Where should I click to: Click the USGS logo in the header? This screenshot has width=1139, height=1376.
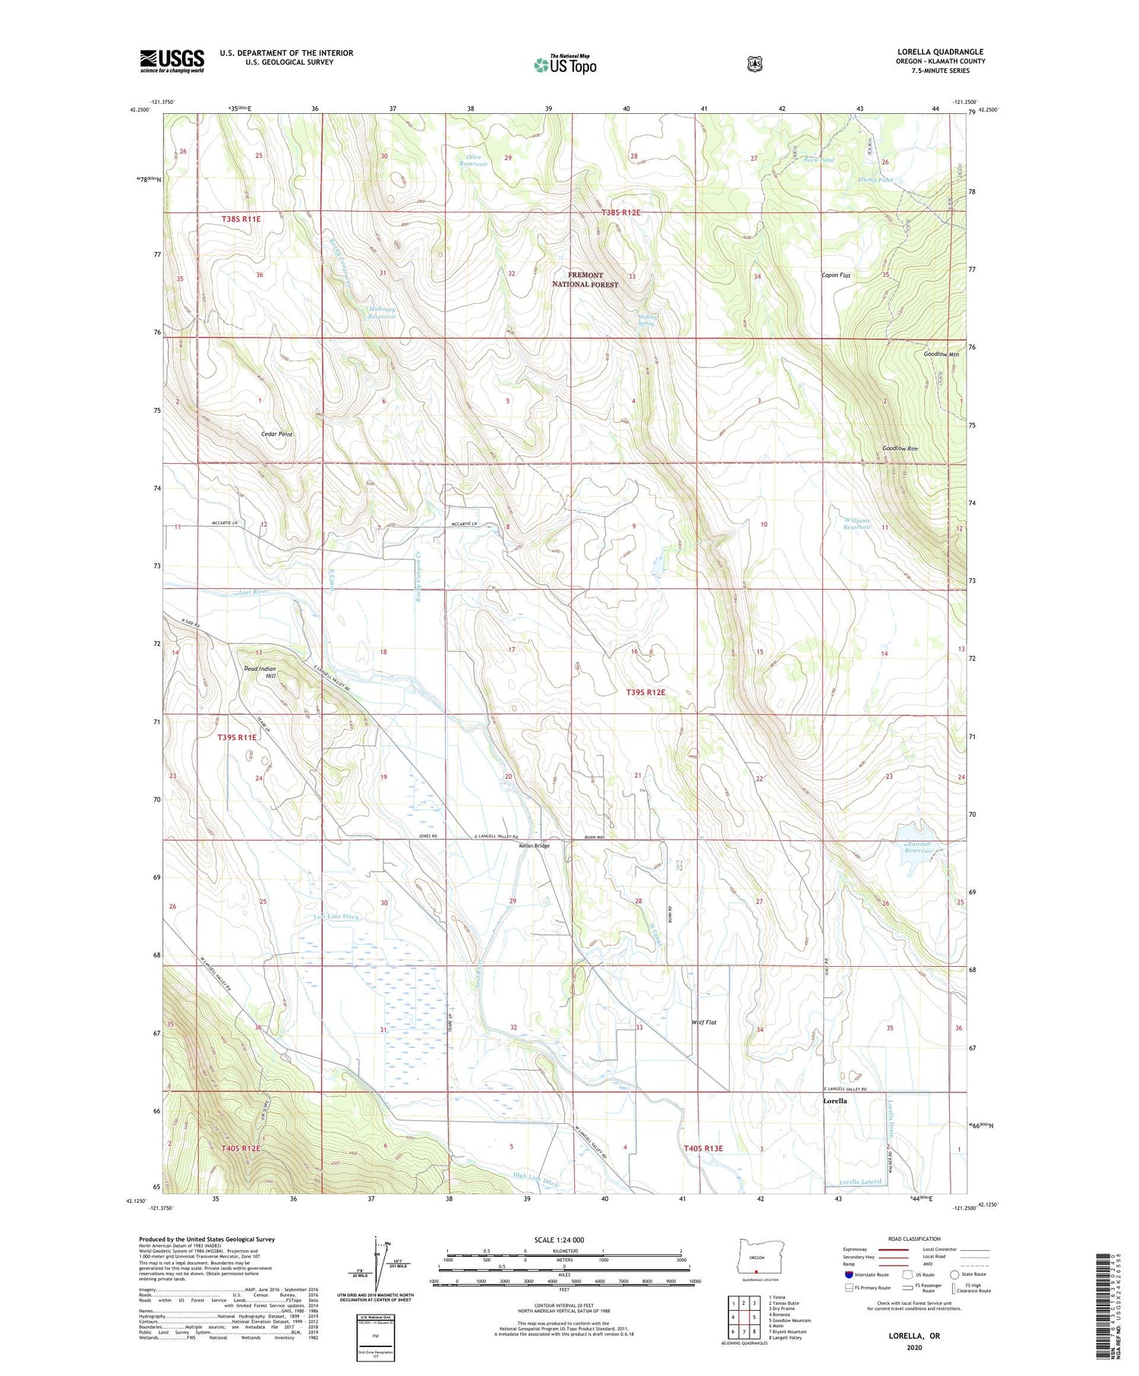click(172, 61)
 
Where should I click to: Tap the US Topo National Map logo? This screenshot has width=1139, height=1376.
click(565, 64)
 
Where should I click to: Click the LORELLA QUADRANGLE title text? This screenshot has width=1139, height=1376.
click(940, 52)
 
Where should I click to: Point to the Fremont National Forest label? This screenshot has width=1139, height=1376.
click(585, 279)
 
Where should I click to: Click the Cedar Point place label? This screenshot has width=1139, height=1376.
click(276, 434)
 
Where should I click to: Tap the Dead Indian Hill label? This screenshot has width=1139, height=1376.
click(260, 672)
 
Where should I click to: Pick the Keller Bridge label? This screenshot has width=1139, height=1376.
click(534, 845)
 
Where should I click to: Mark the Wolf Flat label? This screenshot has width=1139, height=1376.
click(704, 1022)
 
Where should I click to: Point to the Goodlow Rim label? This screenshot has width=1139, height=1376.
click(900, 449)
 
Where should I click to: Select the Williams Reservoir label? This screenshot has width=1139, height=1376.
click(858, 524)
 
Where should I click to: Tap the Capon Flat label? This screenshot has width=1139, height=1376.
click(835, 276)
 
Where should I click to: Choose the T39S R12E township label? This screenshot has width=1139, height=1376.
click(645, 692)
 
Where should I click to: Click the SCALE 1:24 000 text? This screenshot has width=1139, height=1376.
click(563, 1240)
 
